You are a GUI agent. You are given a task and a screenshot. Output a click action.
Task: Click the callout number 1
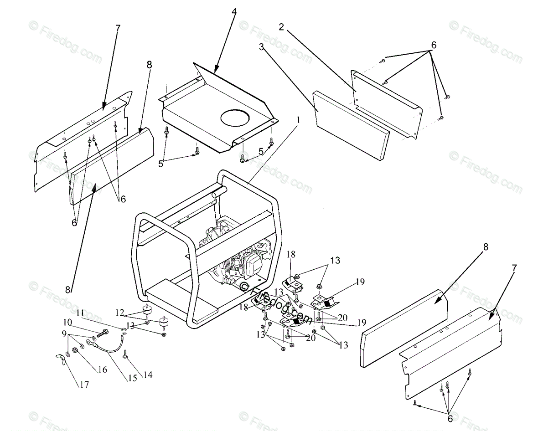(x=298, y=121)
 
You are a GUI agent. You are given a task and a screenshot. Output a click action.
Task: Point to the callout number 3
(x=262, y=46)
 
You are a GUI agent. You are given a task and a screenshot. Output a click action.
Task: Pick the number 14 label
(x=148, y=375)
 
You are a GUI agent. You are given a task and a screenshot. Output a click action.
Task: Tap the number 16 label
(x=103, y=369)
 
